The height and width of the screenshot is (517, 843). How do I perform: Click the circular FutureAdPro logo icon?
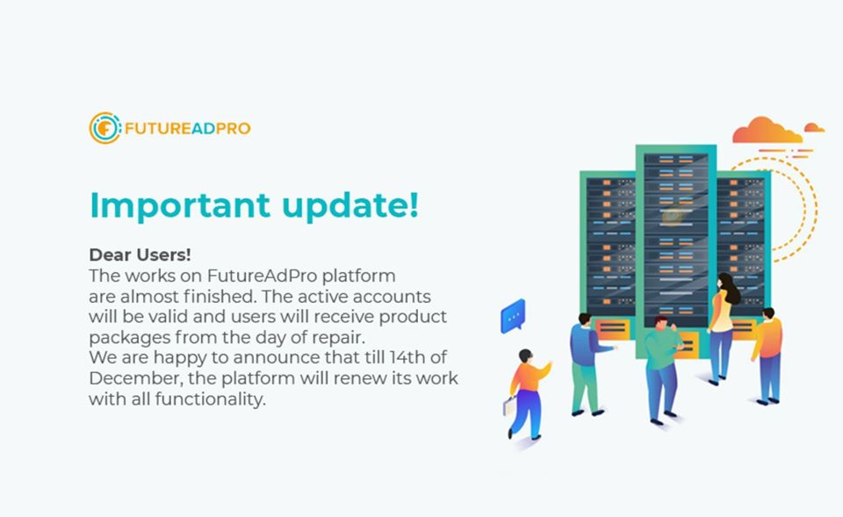104,128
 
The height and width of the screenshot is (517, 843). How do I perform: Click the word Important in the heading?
180,205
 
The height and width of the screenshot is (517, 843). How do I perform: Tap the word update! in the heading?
350,205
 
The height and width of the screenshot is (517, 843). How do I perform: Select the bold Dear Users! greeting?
140,255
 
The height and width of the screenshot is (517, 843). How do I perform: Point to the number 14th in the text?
407,357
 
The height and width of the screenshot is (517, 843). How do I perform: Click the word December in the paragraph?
136,377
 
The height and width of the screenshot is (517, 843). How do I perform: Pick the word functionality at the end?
210,399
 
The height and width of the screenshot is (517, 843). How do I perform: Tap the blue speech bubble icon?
513,316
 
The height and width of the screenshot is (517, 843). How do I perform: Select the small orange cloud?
814,127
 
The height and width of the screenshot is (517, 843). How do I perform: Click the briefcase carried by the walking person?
509,406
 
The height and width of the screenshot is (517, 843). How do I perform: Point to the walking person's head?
525,355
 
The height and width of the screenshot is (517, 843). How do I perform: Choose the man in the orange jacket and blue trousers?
767,355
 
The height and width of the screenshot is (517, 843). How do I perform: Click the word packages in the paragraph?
129,338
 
